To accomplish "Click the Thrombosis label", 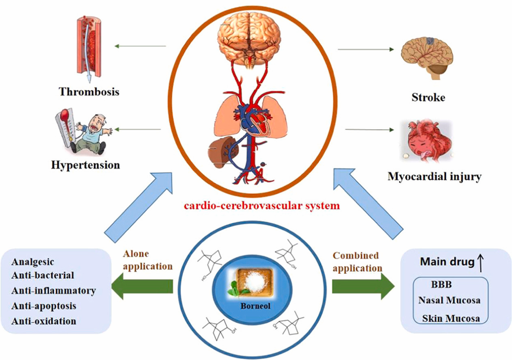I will pos(89,91).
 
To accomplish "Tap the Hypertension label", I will pos(85,165).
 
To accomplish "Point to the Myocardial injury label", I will pos(434,177).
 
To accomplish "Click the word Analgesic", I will pos(33,262).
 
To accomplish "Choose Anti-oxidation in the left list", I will pos(44,321).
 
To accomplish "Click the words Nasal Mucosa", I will pos(449,301).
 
